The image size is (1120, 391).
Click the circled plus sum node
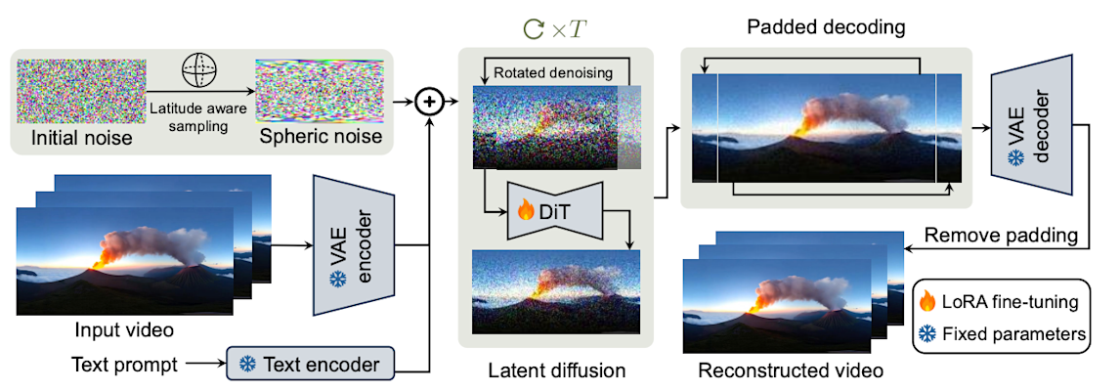coord(427,102)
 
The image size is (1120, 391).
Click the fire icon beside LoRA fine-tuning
coord(926,301)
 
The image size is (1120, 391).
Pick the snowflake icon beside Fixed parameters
coord(926,334)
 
